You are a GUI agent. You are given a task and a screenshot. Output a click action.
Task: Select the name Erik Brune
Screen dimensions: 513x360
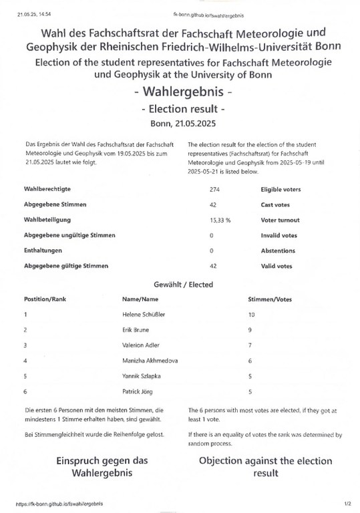136,329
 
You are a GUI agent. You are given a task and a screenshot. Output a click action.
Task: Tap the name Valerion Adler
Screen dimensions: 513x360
141,345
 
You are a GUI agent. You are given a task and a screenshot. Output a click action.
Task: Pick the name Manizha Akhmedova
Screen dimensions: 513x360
150,361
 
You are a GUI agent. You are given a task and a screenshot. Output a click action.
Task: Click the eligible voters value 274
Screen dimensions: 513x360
214,190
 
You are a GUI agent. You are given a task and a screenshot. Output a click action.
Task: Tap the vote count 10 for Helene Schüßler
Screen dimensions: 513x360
251,313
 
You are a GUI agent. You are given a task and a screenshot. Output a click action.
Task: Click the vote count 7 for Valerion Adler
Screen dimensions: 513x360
250,345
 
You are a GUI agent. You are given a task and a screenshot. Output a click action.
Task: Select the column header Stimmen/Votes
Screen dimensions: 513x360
270,299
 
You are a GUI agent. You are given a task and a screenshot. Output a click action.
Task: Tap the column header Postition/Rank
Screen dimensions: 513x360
49,299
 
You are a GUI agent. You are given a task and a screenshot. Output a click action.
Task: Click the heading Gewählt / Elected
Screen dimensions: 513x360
183,285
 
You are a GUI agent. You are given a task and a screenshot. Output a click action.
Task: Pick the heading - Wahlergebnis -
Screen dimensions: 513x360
183,92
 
